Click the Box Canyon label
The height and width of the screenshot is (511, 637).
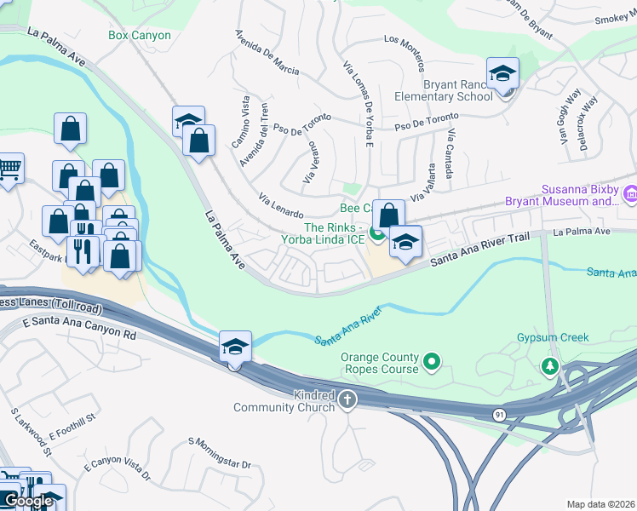[x=140, y=36]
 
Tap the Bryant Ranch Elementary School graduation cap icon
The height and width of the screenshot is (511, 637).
[x=502, y=74]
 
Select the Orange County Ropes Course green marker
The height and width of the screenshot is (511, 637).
[x=432, y=363]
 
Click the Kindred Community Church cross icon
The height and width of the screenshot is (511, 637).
[x=347, y=399]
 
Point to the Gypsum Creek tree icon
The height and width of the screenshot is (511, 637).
[x=551, y=366]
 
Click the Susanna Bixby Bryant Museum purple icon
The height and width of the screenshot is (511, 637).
[x=630, y=195]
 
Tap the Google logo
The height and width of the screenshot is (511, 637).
[x=27, y=501]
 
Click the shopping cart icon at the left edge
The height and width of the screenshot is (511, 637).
[x=9, y=167]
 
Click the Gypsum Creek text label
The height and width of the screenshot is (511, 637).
[x=552, y=337]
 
